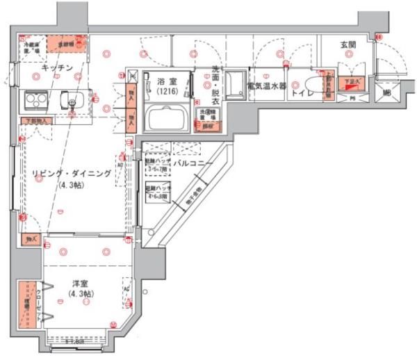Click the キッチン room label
[x=54, y=68]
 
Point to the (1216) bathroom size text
[x=167, y=91]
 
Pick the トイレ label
[x=302, y=92]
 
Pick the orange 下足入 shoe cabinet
[x=350, y=83]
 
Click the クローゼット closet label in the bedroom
[x=30, y=304]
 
